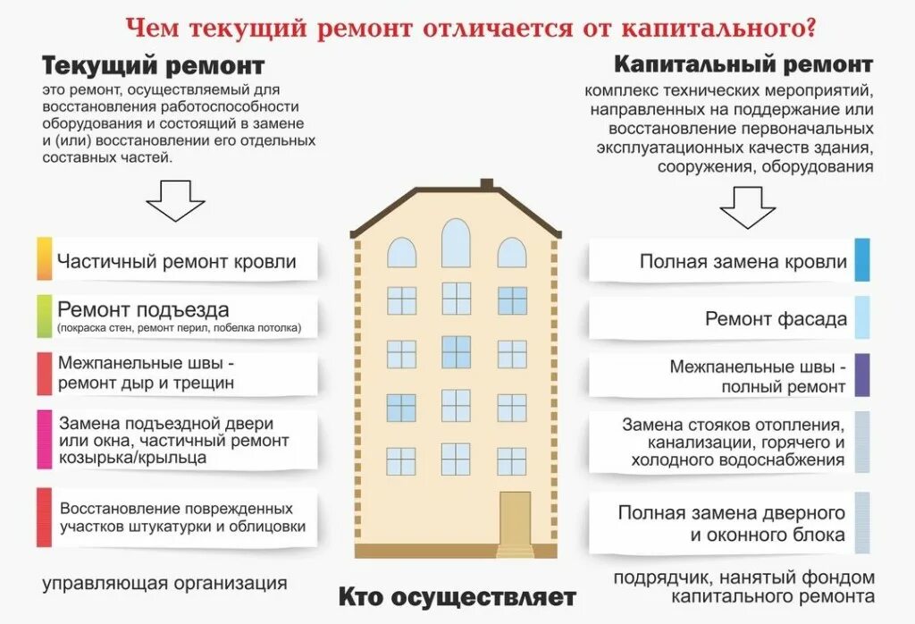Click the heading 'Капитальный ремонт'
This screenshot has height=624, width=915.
[743, 64]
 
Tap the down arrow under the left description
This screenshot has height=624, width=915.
[175, 200]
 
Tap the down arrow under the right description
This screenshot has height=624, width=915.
[747, 207]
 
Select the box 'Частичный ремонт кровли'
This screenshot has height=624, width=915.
[177, 261]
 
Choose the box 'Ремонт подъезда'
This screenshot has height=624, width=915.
[177, 317]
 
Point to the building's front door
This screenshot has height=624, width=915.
[515, 519]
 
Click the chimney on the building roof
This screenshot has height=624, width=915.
[487, 184]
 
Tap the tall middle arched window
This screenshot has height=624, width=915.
[456, 243]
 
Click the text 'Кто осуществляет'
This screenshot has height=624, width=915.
[457, 596]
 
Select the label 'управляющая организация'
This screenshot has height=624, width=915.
[165, 584]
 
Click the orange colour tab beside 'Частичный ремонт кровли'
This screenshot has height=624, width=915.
[44, 259]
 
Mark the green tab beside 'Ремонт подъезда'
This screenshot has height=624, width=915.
[44, 317]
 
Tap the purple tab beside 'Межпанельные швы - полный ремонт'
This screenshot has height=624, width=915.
[862, 375]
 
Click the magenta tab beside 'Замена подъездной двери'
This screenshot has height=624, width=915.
[44, 438]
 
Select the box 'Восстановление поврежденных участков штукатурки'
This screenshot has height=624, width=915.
[177, 517]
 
